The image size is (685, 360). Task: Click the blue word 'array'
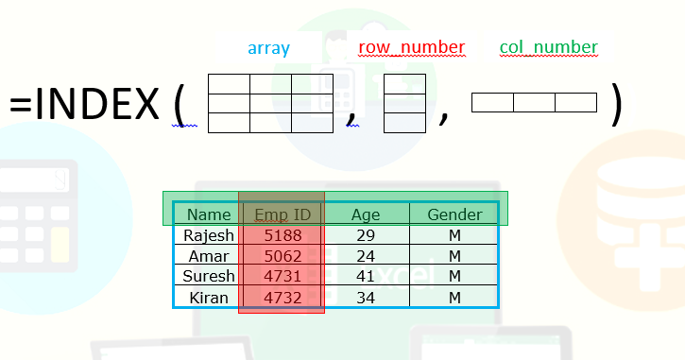tap(268, 48)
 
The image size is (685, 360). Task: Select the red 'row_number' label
tap(411, 47)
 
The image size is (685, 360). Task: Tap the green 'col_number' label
tap(549, 47)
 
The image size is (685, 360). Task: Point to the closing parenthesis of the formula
tap(617, 104)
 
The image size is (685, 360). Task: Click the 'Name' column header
tap(209, 214)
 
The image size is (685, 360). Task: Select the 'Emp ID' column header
tap(282, 214)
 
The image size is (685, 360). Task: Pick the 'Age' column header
tap(365, 214)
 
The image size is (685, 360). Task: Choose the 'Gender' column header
tap(454, 214)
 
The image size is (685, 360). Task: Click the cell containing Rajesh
tap(209, 235)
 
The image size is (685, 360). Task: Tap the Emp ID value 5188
tap(282, 235)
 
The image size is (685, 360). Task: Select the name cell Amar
tap(209, 256)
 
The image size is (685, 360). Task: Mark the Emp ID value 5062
tap(282, 256)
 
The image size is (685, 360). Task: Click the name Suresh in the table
tap(209, 277)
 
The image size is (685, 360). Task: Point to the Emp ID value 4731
tap(282, 277)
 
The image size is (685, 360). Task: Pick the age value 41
tap(365, 277)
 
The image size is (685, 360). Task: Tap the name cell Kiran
tap(209, 298)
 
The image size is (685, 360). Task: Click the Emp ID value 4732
tap(282, 298)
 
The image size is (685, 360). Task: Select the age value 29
tap(365, 235)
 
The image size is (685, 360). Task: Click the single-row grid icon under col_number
tap(534, 103)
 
